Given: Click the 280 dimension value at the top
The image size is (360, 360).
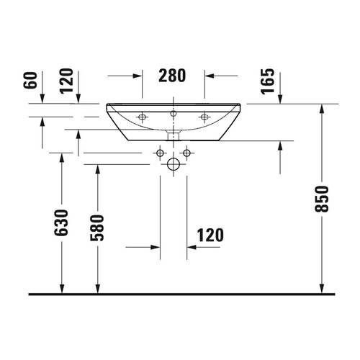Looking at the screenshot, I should [x=173, y=74].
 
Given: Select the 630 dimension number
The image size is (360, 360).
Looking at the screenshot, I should [x=63, y=223].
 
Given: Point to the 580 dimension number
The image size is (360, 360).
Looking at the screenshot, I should [x=97, y=228].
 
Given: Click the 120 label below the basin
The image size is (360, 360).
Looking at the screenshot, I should [x=209, y=235].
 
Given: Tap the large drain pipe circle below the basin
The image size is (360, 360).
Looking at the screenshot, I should [x=174, y=165].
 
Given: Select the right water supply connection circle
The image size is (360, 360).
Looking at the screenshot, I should [x=186, y=152].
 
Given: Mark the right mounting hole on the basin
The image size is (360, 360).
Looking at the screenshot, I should [x=204, y=116].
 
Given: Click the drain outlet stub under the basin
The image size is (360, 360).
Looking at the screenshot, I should [x=174, y=135].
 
